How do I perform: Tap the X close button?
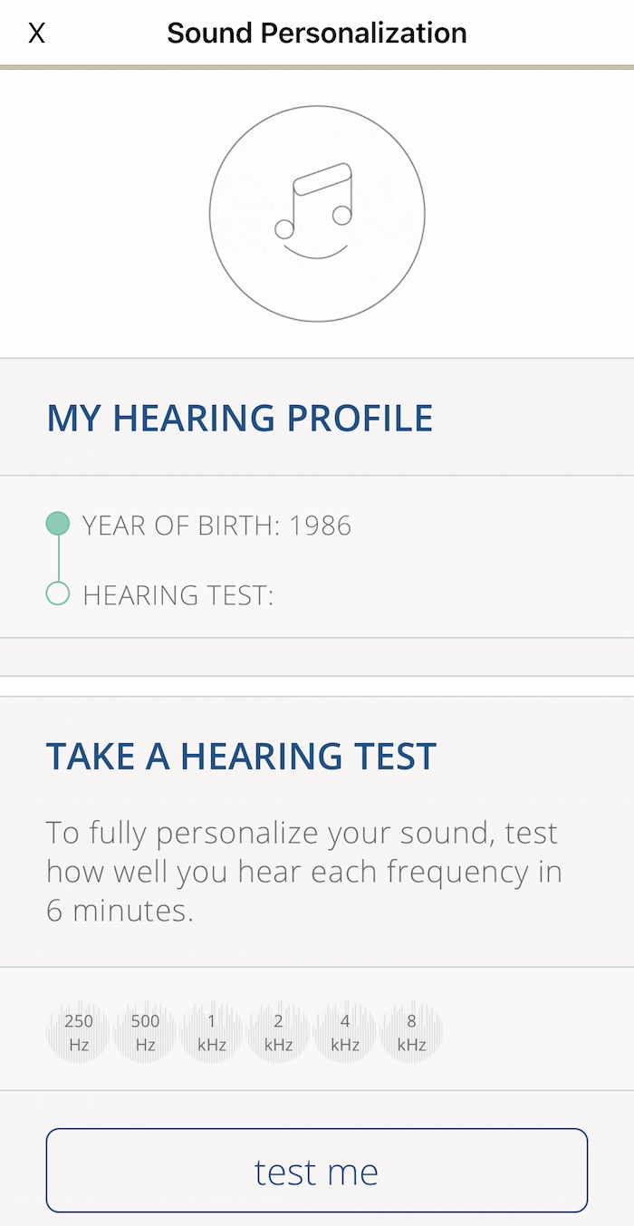coord(36,33)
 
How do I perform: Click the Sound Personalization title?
coord(317,33)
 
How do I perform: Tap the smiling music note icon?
coord(317,214)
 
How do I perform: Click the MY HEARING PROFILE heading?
coord(240,418)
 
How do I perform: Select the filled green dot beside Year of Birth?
coord(57,523)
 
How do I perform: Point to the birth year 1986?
coord(320,526)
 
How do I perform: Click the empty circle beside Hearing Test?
coord(57,594)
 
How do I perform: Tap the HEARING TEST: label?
coord(178,595)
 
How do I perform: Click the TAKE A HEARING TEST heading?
coord(241,756)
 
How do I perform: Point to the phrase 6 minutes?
coord(120,911)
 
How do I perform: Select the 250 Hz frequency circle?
coord(79,1032)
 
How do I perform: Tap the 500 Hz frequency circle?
coord(146,1032)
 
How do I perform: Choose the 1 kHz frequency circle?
coord(212,1032)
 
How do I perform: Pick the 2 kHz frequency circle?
coord(278,1032)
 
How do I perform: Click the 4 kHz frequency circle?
coord(345,1032)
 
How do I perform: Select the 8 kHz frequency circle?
coord(411,1032)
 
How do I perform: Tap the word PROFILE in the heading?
coord(360,418)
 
